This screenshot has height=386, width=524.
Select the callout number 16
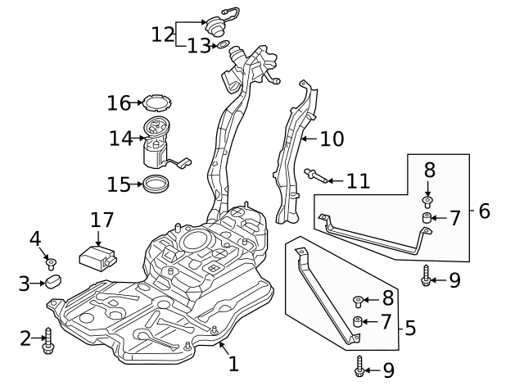pyautogui.click(x=119, y=102)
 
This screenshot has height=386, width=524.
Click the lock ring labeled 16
pyautogui.click(x=156, y=103)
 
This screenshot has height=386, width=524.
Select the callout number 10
pyautogui.click(x=332, y=139)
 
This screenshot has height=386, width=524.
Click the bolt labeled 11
pyautogui.click(x=316, y=175)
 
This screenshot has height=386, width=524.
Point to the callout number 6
pyautogui.click(x=484, y=211)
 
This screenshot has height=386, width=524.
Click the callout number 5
pyautogui.click(x=410, y=329)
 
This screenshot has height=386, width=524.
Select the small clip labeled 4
pyautogui.click(x=52, y=263)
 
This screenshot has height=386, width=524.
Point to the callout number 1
pyautogui.click(x=233, y=363)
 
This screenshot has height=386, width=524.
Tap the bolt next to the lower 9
pyautogui.click(x=359, y=369)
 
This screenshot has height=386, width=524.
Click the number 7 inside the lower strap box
pyautogui.click(x=386, y=320)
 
